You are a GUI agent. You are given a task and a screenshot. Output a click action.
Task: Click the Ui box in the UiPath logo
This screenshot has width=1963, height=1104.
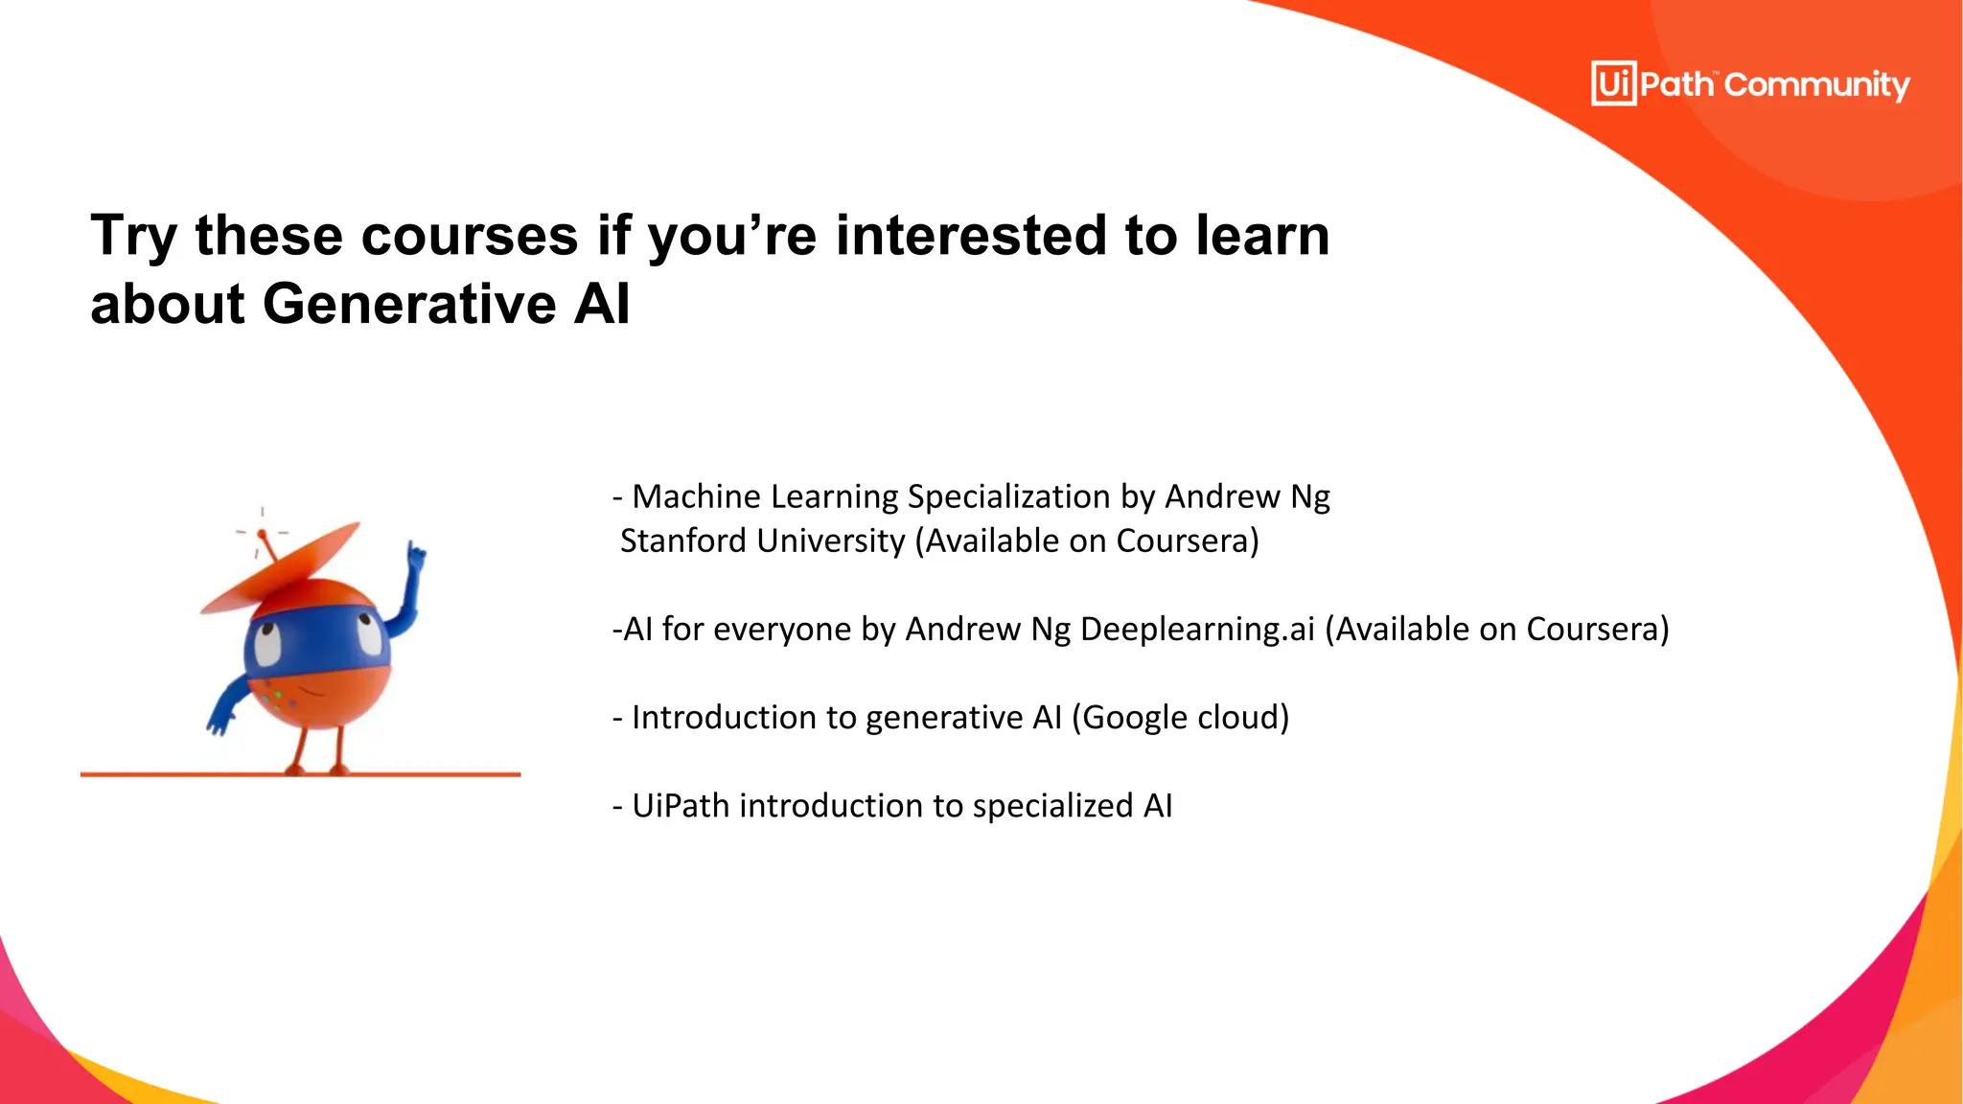point(1613,83)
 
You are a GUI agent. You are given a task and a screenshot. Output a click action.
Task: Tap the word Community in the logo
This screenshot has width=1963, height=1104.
point(1816,85)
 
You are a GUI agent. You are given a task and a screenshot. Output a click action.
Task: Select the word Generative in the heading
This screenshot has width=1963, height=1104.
point(409,304)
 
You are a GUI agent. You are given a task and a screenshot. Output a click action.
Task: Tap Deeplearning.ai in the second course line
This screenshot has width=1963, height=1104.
point(1197,630)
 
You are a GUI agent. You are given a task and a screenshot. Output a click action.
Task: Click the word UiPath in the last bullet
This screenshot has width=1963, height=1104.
point(681,806)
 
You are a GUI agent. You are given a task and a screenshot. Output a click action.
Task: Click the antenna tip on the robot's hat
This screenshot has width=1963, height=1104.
point(262,533)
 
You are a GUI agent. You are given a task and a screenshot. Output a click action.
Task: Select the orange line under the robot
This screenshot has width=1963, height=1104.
point(300,774)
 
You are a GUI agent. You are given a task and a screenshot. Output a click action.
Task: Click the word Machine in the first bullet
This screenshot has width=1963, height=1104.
point(696,497)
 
